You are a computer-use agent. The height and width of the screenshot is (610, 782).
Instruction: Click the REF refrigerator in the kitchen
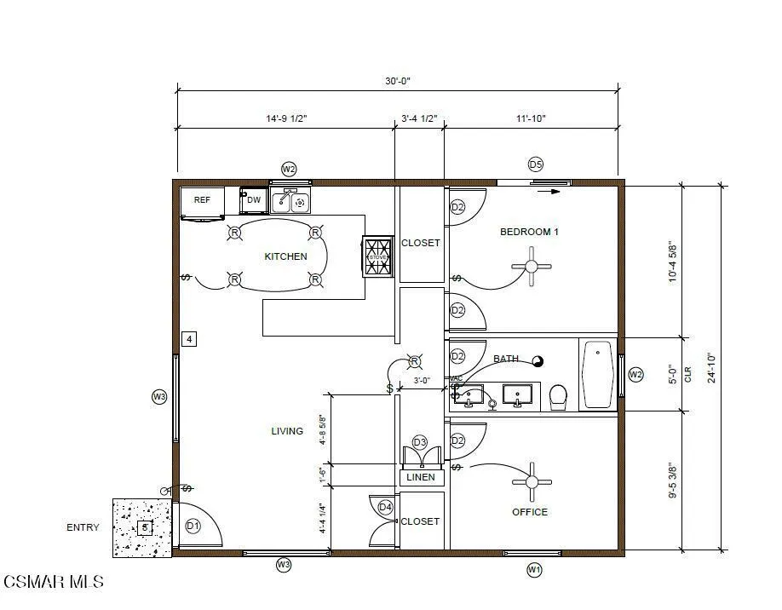click(202, 202)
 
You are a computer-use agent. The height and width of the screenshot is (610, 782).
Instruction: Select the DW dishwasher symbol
click(253, 200)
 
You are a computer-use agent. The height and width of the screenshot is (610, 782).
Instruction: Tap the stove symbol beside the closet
click(378, 256)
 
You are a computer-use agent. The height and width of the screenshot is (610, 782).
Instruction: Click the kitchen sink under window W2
click(290, 201)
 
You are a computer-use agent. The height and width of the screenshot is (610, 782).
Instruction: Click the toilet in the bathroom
click(559, 396)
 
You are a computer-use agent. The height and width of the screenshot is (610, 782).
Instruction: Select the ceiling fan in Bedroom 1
click(532, 266)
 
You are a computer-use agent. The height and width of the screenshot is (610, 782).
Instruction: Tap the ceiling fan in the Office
click(532, 482)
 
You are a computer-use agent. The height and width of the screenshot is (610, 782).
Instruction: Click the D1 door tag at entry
click(193, 526)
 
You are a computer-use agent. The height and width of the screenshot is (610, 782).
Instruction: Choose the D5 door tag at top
click(535, 164)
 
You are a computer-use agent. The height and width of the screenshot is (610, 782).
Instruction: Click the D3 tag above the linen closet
click(419, 442)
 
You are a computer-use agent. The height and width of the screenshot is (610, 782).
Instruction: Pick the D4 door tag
click(385, 508)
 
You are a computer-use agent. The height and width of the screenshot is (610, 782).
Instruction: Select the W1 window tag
click(534, 569)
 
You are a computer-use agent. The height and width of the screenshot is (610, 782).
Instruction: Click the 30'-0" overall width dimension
click(397, 82)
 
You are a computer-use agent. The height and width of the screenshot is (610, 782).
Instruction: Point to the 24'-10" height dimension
click(711, 368)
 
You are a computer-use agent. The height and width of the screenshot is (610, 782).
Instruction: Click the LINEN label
click(421, 477)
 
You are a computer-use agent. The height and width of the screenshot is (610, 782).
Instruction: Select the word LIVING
click(287, 431)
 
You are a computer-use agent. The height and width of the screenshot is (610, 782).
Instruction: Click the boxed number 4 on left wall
click(190, 339)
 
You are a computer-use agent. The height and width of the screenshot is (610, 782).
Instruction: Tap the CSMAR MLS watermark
click(53, 582)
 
